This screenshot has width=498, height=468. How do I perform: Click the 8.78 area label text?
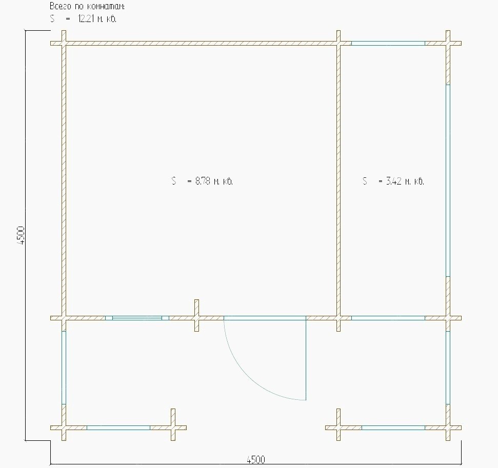click(x=202, y=181)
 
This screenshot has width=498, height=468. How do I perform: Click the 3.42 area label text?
click(x=393, y=181)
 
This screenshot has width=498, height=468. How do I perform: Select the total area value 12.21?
click(x=86, y=19)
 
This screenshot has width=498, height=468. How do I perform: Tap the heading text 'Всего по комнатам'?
click(x=87, y=6)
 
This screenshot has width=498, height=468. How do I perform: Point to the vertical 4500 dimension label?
click(x=21, y=235)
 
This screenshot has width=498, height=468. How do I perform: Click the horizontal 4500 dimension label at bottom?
click(x=256, y=459)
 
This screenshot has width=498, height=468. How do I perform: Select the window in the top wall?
click(x=388, y=43)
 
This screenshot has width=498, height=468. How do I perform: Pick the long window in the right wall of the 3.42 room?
click(x=448, y=180)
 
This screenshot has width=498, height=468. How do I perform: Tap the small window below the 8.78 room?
click(x=137, y=318)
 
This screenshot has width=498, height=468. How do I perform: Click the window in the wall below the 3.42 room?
click(x=388, y=318)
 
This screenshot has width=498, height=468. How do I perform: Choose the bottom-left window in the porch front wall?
click(x=118, y=428)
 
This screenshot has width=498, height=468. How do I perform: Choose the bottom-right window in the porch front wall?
click(x=393, y=428)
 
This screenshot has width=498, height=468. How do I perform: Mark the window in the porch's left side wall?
click(x=64, y=368)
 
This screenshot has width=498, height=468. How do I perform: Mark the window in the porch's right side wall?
click(x=448, y=368)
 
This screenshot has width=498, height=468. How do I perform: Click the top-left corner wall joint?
click(x=64, y=43)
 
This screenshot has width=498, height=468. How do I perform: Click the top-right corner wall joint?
click(x=448, y=43)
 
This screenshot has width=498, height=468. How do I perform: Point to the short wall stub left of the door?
click(x=196, y=316)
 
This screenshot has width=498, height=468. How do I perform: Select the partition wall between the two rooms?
click(x=338, y=180)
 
